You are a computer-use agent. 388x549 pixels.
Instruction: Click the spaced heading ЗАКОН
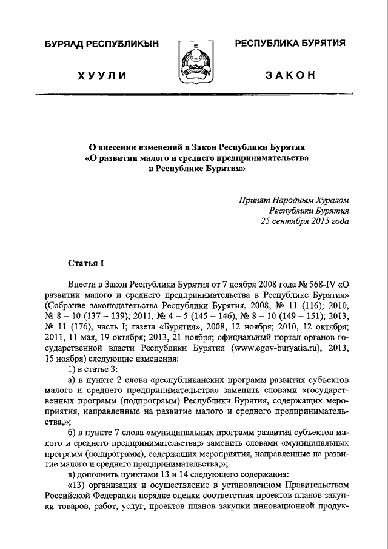coord(289,75)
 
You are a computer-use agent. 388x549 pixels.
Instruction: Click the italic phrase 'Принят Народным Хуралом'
coord(294,200)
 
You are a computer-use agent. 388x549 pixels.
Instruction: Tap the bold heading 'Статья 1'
coord(86,263)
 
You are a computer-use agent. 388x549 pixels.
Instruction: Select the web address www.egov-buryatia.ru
coord(286,349)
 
